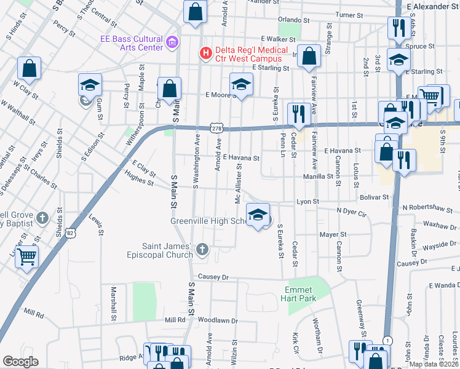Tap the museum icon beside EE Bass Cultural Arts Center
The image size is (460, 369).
point(172,43)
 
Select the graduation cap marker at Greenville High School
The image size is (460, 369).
point(258,215)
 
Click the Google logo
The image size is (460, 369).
point(20,362)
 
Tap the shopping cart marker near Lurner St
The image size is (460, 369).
point(27,256)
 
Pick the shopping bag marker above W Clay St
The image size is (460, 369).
point(28,68)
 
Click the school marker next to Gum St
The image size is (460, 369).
point(90,85)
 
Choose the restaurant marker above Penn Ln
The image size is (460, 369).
point(298,113)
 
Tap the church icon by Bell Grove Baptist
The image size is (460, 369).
point(42,218)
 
